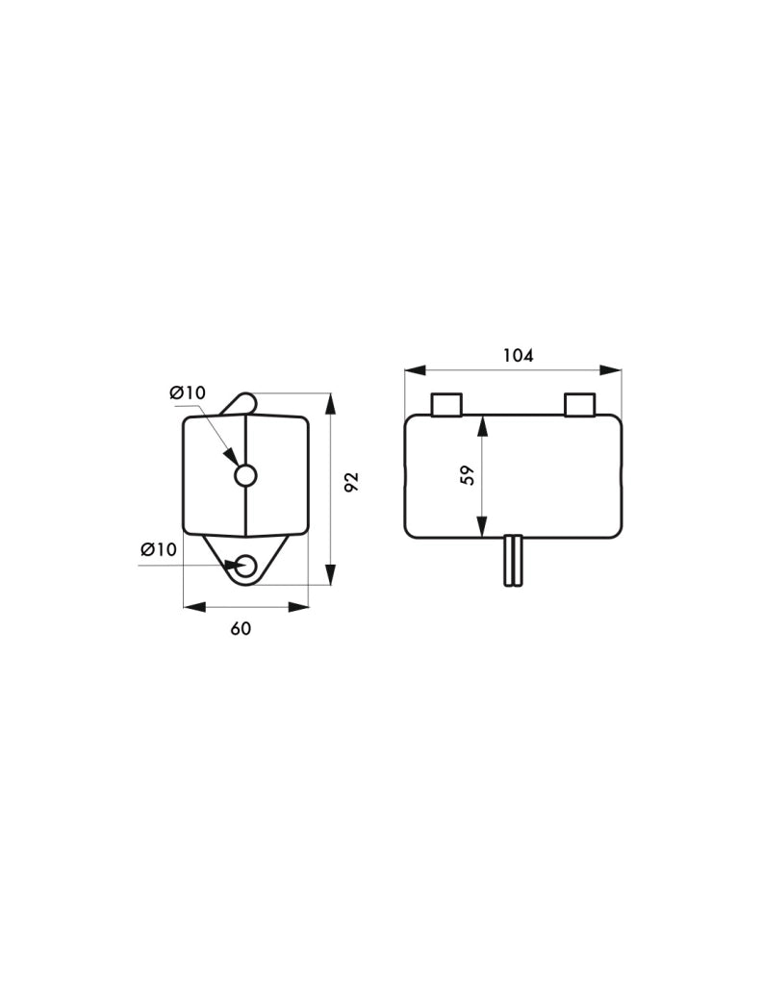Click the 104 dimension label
(x=519, y=356)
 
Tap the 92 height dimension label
(x=352, y=482)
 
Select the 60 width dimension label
(x=241, y=628)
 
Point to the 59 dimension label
(x=468, y=475)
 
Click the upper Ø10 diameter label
(x=188, y=393)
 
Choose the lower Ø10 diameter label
(x=159, y=549)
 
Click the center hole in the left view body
(x=245, y=475)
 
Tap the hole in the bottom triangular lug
(x=245, y=566)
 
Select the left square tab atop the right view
(x=446, y=405)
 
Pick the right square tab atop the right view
(x=579, y=405)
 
